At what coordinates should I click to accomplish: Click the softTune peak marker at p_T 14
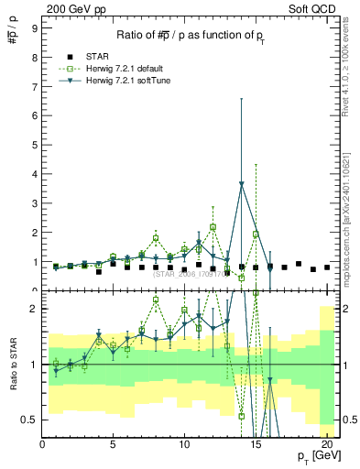pyautogui.click(x=241, y=184)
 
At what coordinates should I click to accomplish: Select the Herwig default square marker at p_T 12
pyautogui.click(x=213, y=226)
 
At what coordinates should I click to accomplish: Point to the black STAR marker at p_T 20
pyautogui.click(x=327, y=267)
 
